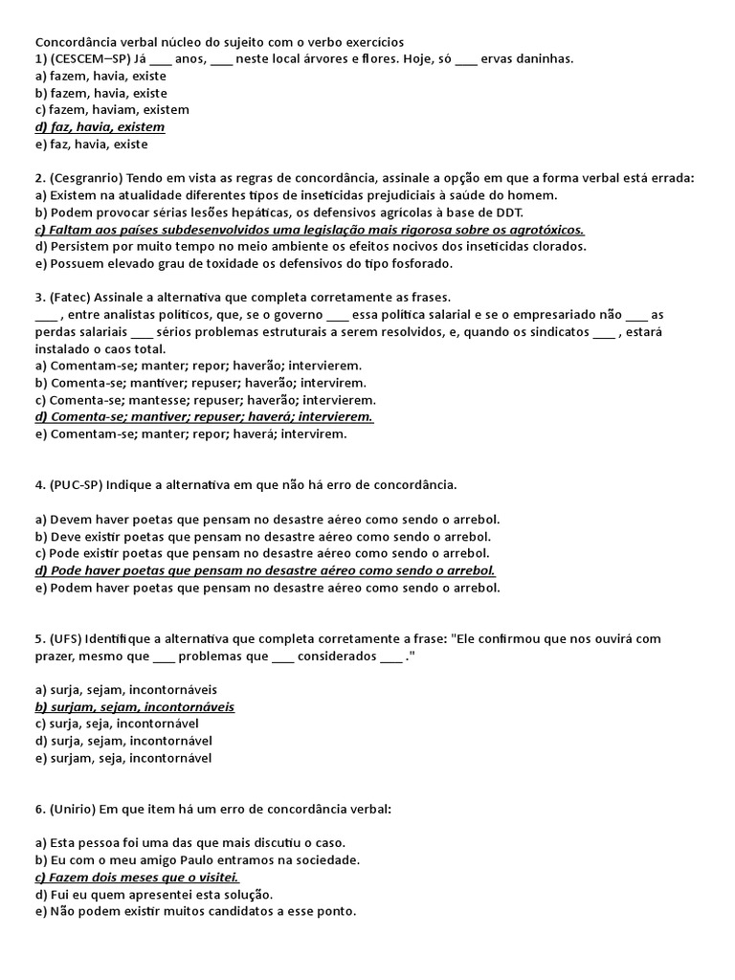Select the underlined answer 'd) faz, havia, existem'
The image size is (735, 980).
[100, 127]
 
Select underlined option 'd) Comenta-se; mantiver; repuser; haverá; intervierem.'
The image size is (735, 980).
[204, 417]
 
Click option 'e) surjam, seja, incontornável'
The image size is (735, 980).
[123, 758]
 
